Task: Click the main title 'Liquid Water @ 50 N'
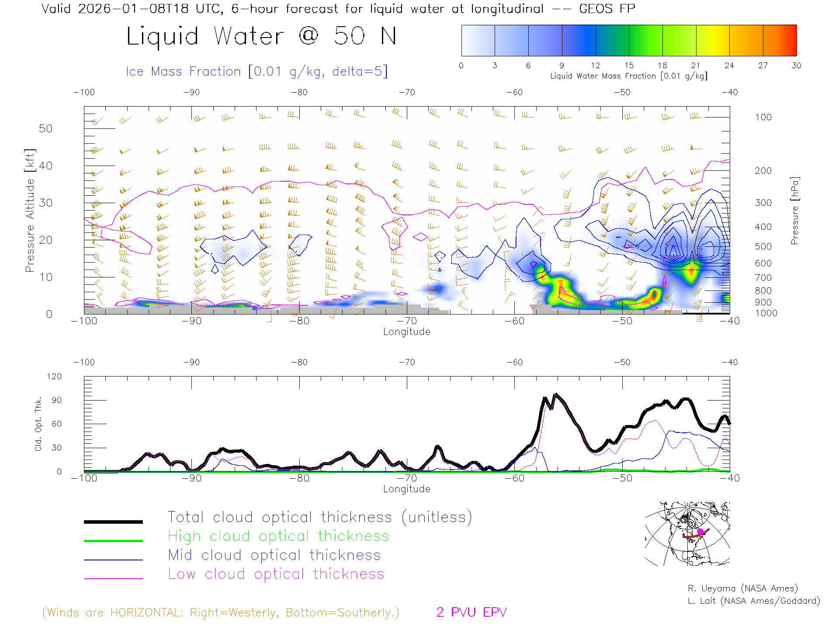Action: click(x=261, y=36)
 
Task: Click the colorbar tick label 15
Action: click(x=629, y=66)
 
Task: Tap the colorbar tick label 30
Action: click(x=796, y=66)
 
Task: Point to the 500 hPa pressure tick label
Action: click(x=763, y=246)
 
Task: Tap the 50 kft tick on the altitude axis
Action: click(x=45, y=128)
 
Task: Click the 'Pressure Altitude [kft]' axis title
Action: click(x=30, y=211)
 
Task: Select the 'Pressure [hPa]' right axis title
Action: click(x=794, y=211)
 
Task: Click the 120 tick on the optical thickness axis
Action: click(x=55, y=377)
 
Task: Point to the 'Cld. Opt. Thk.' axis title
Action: click(x=38, y=424)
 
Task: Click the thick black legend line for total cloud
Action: click(x=113, y=522)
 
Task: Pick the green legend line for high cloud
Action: click(x=113, y=541)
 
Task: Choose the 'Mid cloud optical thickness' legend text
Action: click(x=274, y=555)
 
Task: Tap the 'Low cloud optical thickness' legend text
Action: click(x=276, y=574)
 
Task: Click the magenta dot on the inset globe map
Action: click(x=700, y=531)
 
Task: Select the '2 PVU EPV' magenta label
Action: click(x=471, y=612)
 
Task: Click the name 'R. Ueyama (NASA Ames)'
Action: click(x=742, y=588)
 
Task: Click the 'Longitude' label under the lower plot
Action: click(x=406, y=489)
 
